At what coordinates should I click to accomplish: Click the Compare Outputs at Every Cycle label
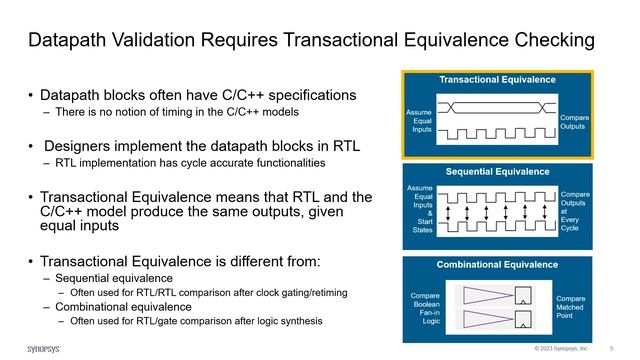pyautogui.click(x=575, y=211)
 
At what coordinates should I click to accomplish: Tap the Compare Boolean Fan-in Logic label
pyautogui.click(x=425, y=307)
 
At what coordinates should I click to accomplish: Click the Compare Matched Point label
pyautogui.click(x=571, y=307)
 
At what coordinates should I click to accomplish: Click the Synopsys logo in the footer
pyautogui.click(x=39, y=349)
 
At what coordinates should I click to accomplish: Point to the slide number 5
pyautogui.click(x=610, y=349)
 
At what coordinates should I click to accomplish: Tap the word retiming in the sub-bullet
pyautogui.click(x=320, y=292)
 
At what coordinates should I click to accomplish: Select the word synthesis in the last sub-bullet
pyautogui.click(x=297, y=321)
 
